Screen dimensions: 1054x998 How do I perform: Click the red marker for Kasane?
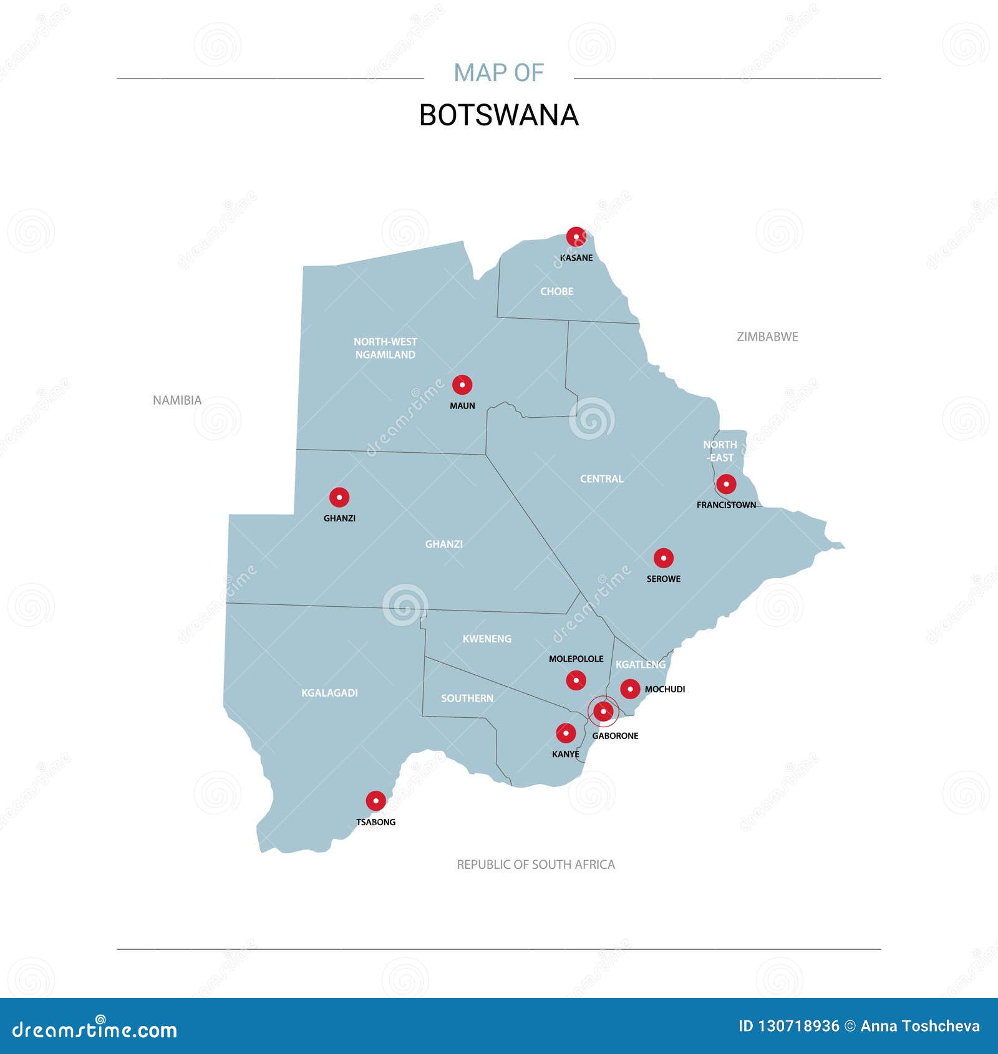576,236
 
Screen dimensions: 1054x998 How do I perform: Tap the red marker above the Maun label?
462,385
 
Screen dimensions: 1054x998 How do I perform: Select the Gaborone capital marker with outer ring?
603,711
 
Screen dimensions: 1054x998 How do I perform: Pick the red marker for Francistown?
726,484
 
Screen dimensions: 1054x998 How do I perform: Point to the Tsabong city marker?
375,801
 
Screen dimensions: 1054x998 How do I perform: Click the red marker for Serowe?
664,558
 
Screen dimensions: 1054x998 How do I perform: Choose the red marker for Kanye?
566,733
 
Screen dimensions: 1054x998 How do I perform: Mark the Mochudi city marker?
630,689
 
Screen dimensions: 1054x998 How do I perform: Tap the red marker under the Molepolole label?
576,680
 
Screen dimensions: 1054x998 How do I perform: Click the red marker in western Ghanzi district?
339,497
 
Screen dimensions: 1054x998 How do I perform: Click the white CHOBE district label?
556,291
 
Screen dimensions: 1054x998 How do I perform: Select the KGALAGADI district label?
329,693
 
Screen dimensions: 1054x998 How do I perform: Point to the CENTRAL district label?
601,479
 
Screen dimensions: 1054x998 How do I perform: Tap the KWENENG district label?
487,639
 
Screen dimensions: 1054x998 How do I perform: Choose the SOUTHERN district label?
467,699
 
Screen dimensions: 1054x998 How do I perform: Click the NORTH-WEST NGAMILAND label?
385,348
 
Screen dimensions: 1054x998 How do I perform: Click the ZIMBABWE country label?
767,337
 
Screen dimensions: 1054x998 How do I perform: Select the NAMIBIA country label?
177,400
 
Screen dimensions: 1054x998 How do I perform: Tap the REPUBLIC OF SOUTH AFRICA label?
536,864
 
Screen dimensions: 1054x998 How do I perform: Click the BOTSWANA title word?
499,115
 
